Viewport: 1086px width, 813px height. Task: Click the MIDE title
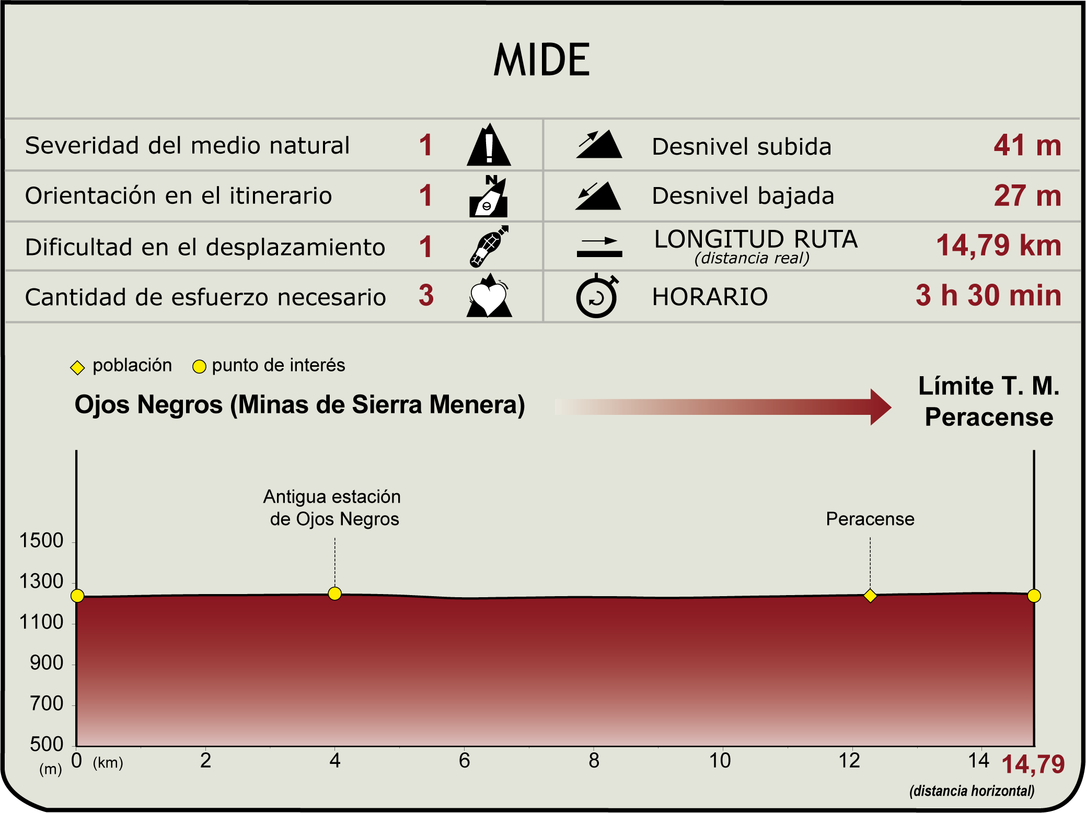click(x=542, y=60)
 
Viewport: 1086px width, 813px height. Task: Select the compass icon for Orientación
click(x=488, y=196)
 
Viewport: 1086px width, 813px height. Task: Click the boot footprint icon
click(x=489, y=246)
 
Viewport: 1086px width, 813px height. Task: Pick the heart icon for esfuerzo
click(x=489, y=296)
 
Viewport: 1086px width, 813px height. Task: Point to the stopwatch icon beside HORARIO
click(x=597, y=296)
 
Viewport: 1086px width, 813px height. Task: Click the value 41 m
click(x=1027, y=145)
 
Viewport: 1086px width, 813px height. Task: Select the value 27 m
click(x=1027, y=196)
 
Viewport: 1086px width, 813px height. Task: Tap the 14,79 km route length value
click(x=998, y=246)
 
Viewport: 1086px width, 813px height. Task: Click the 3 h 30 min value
click(x=988, y=296)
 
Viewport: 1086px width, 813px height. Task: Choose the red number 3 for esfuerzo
click(x=426, y=296)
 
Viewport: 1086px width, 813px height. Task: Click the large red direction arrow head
click(x=880, y=407)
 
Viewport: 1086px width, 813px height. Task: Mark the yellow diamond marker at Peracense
click(x=870, y=596)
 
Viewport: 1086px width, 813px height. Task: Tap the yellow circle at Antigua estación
click(x=335, y=594)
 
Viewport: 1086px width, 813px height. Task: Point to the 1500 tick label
click(x=41, y=540)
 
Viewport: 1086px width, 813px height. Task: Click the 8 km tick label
click(x=594, y=761)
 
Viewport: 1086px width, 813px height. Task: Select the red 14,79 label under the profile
click(x=1033, y=764)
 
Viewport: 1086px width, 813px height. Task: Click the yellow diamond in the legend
click(x=77, y=368)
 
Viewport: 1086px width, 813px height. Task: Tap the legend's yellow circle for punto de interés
click(x=199, y=367)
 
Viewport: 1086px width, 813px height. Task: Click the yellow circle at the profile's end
click(x=1034, y=596)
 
